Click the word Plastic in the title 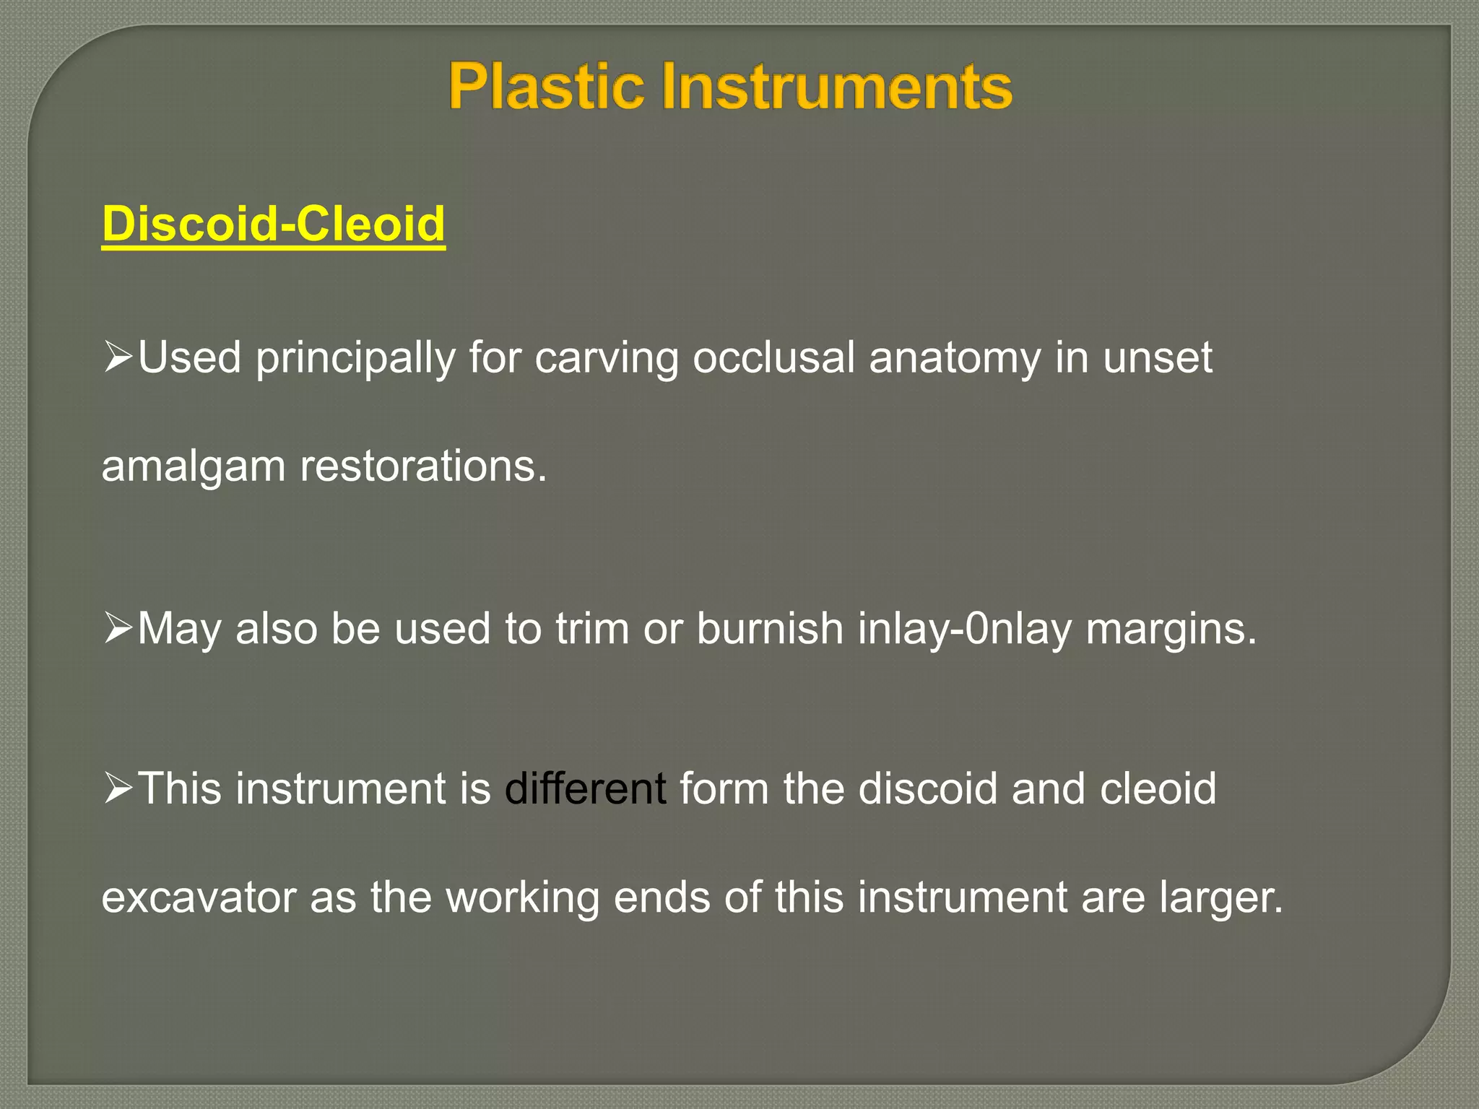(x=545, y=87)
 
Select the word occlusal (x=773, y=358)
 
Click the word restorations (x=423, y=466)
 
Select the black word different (x=585, y=788)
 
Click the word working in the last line (x=523, y=897)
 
